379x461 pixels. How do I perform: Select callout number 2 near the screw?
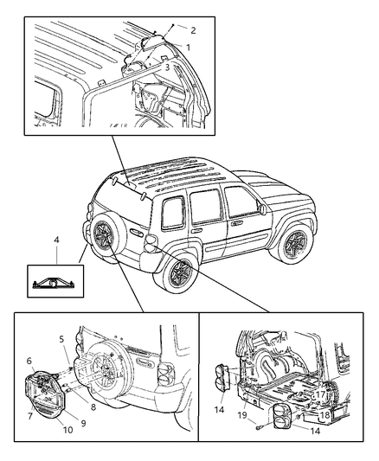193,30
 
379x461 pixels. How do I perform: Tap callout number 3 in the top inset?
179,66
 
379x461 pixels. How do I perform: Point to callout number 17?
320,395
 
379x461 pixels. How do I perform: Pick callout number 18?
324,414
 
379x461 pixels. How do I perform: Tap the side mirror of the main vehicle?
260,208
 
